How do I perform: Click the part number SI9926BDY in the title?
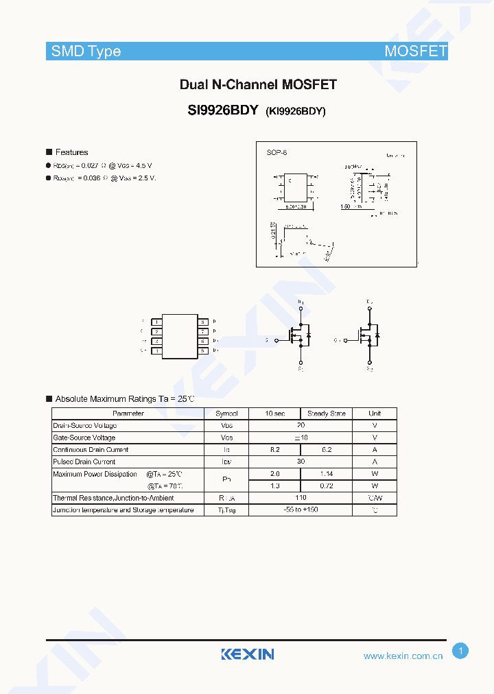222,109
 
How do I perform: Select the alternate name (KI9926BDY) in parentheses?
295,110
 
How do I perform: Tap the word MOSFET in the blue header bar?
415,51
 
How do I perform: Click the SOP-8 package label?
277,152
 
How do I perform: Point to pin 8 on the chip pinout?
203,322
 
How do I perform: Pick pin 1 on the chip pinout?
157,322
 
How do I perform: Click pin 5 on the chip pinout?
203,350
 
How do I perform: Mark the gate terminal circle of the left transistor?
276,340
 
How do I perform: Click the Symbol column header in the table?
226,414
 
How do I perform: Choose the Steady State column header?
327,414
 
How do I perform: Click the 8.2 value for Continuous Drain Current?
274,450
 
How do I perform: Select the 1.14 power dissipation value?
327,474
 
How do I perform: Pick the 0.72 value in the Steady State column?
327,486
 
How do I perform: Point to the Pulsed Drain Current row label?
84,462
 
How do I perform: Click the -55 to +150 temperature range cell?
301,510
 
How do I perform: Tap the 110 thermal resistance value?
301,498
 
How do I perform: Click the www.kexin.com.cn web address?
403,656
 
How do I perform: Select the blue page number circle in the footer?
460,651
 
